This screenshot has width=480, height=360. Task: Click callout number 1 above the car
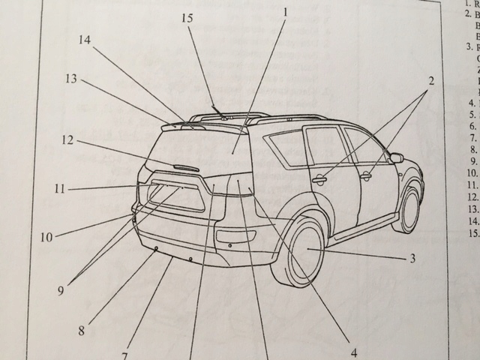pos(286,13)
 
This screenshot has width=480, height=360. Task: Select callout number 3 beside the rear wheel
pos(412,259)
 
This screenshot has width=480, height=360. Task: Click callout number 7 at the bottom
pos(125,355)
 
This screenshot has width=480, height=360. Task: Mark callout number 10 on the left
pos(46,238)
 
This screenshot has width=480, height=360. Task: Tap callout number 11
pos(60,189)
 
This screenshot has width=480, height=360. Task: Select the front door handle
pos(366,177)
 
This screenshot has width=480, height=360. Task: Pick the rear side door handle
pos(319,180)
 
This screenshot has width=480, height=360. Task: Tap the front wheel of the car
pos(409,207)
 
